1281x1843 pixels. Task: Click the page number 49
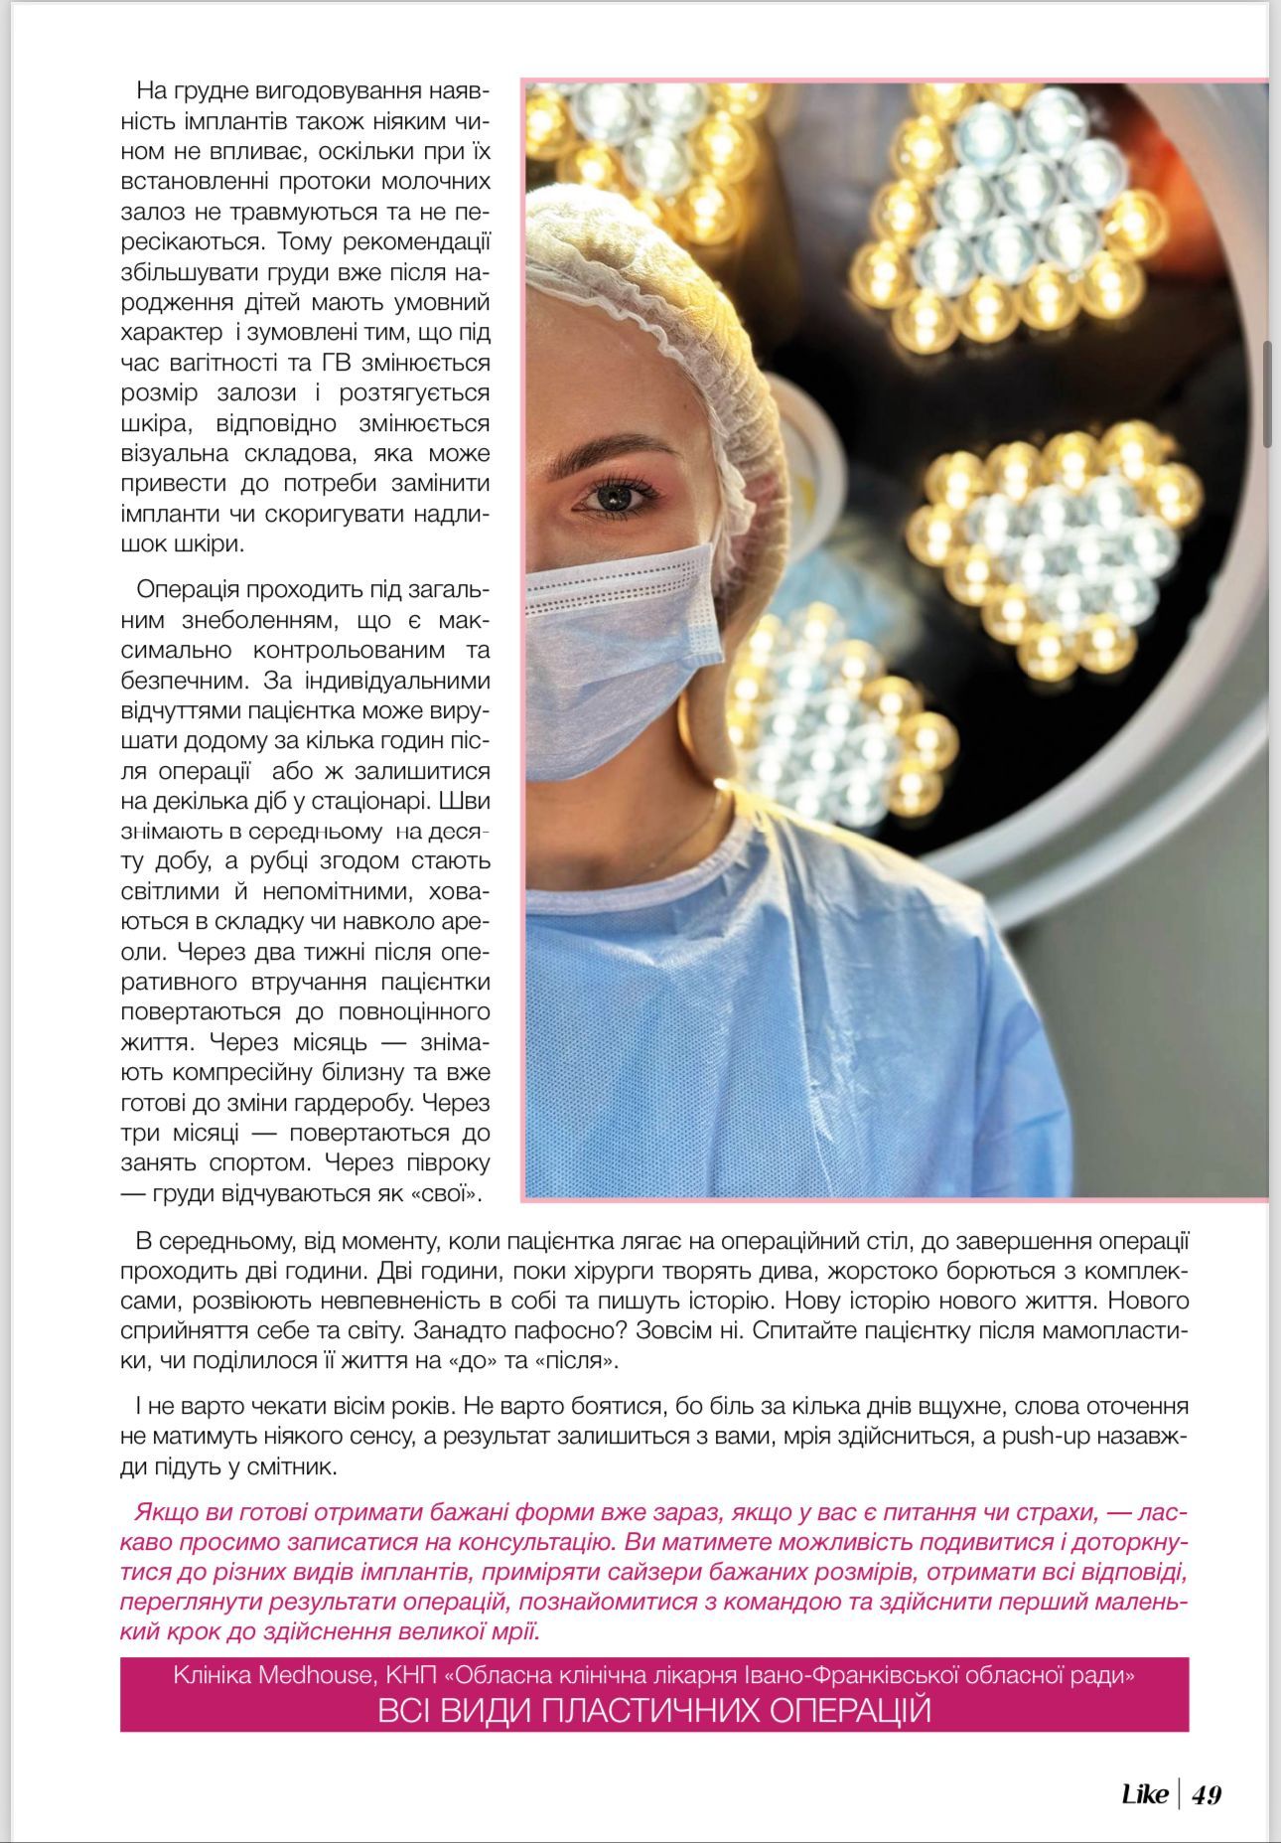(1207, 1794)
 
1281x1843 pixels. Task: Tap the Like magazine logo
(1144, 1794)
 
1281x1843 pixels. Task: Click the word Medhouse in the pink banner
(317, 1675)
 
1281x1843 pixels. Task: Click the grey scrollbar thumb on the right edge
(1267, 394)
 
